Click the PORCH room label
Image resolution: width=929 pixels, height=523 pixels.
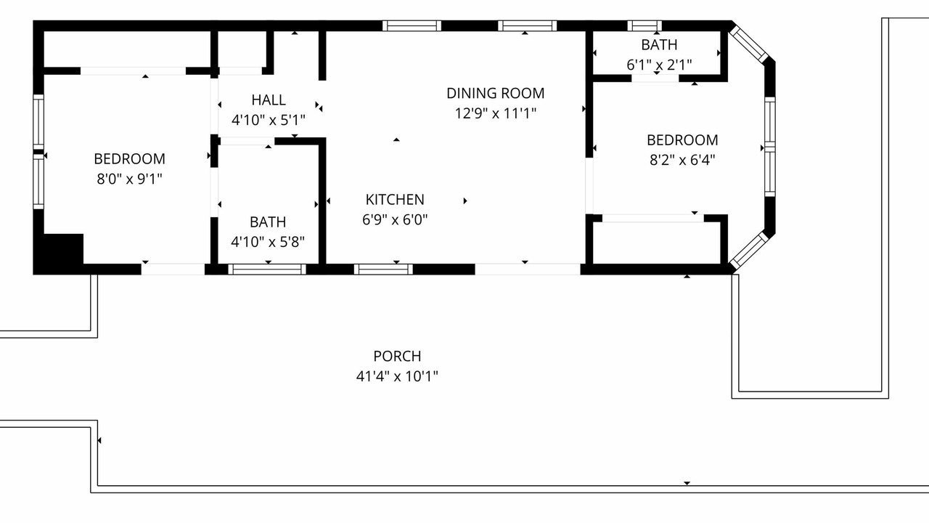[397, 356]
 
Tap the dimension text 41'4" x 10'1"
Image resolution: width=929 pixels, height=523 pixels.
[397, 376]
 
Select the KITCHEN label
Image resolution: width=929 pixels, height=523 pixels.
[395, 200]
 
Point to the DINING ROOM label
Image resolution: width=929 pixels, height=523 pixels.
[495, 93]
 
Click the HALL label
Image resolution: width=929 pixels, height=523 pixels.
[269, 100]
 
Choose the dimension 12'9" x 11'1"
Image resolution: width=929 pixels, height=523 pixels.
[495, 113]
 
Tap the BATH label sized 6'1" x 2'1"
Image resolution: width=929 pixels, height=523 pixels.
[659, 45]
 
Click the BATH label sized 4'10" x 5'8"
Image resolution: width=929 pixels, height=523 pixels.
[268, 222]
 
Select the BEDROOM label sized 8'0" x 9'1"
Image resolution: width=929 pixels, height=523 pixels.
[129, 159]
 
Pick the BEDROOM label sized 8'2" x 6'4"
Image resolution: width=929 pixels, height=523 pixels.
[682, 140]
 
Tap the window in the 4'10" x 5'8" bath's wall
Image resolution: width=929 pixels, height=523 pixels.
[267, 269]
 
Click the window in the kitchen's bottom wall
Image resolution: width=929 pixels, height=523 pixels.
[383, 269]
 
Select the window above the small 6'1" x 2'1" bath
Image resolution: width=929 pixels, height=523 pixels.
[644, 25]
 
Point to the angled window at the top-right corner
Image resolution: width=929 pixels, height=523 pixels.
[749, 44]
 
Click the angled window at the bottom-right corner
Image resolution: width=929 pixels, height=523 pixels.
[749, 251]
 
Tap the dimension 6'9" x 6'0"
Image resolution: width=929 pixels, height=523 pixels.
[395, 219]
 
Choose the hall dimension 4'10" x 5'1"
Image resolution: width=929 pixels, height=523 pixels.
[269, 121]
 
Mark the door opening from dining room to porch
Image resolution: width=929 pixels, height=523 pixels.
[528, 269]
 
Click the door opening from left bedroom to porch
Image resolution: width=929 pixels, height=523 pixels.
[173, 269]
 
